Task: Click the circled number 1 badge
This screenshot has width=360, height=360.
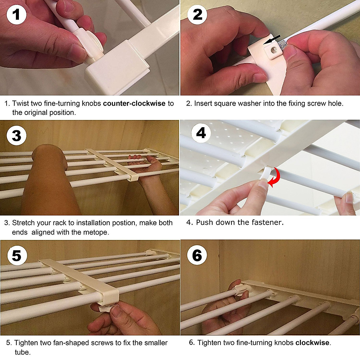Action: (16, 15)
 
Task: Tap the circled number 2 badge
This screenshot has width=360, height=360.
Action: (197, 15)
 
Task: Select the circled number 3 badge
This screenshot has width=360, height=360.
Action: (16, 135)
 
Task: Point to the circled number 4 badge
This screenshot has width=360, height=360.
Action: (201, 133)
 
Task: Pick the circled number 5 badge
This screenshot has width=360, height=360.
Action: (17, 255)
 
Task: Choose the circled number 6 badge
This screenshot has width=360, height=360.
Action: (197, 255)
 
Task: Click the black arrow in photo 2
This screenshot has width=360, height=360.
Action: (272, 39)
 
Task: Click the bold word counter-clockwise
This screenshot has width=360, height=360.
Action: (134, 103)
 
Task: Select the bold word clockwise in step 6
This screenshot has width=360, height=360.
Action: (312, 343)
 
